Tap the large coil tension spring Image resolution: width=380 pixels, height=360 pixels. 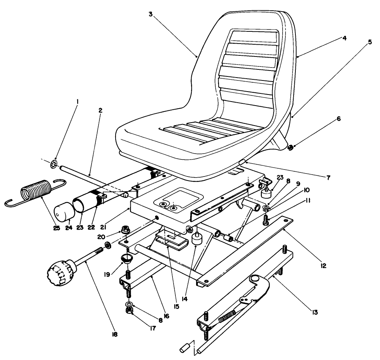click(x=35, y=192)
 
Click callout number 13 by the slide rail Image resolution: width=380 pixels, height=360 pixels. click(x=315, y=312)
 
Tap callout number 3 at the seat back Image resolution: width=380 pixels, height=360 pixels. click(x=150, y=14)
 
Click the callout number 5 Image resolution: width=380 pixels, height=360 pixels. click(x=369, y=42)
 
